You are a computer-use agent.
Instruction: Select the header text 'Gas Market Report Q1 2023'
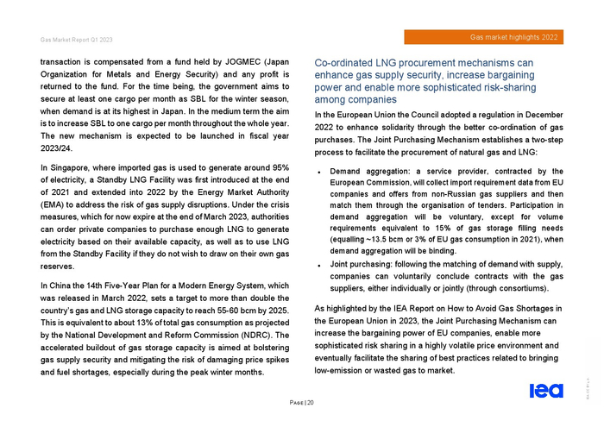76,41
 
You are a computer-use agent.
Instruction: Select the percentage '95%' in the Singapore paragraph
280,166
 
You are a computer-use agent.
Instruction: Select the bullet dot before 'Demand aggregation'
320,173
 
